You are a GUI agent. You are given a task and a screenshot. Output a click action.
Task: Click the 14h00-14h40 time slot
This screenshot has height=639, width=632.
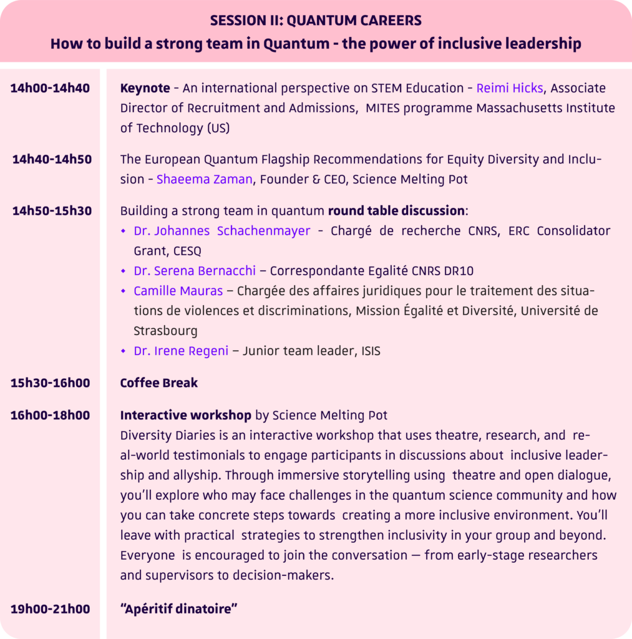point(50,88)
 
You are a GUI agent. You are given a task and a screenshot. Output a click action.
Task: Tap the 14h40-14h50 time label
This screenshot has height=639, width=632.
point(52,159)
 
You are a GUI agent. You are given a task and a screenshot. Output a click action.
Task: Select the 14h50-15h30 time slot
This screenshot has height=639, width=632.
point(52,211)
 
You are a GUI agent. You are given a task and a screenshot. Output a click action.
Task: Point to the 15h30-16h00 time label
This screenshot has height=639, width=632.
point(50,383)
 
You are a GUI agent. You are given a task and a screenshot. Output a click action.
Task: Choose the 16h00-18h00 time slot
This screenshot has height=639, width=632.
point(50,415)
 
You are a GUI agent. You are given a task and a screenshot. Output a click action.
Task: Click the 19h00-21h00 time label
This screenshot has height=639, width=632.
point(50,608)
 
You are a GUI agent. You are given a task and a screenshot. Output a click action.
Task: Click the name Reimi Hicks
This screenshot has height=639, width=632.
point(509,88)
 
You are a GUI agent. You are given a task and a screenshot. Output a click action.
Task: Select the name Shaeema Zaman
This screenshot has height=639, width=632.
point(205,180)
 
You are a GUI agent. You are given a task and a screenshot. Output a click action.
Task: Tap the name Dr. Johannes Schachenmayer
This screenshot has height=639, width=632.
point(221,231)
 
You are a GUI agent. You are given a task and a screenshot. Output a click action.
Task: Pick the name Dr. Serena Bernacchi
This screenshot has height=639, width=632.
point(195,271)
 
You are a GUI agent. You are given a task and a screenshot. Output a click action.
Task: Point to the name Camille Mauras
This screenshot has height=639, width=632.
point(178,291)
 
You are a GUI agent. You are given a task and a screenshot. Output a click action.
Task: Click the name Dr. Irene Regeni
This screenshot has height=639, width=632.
point(180,351)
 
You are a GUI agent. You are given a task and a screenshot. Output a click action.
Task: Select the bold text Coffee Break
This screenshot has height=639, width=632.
point(158,383)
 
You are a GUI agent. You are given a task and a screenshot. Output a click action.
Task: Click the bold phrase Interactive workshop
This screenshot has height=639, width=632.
point(185,415)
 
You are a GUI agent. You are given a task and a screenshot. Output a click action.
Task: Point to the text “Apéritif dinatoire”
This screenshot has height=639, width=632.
point(178,608)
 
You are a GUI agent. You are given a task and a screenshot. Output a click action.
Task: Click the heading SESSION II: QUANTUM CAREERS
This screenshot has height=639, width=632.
point(316,21)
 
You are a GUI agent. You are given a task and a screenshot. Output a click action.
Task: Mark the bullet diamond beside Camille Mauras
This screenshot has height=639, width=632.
point(124,291)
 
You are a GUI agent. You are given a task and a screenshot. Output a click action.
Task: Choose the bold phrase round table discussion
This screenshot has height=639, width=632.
point(397,210)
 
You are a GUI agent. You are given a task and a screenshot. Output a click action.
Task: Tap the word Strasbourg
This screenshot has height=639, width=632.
point(165,331)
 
